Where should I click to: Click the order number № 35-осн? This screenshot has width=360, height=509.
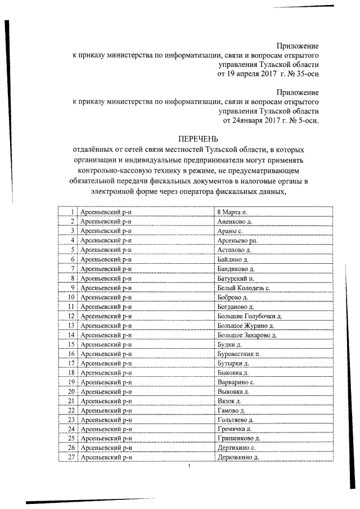(301, 74)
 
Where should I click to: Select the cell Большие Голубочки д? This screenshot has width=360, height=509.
(249, 316)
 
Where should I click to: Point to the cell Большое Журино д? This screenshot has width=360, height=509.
(245, 326)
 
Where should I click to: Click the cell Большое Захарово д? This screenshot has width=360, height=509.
(247, 335)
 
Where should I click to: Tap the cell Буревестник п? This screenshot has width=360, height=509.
(238, 354)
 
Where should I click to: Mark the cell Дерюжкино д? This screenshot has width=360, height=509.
(237, 458)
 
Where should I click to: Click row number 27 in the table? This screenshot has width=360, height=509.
(71, 458)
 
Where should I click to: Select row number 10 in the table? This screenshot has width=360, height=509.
(71, 297)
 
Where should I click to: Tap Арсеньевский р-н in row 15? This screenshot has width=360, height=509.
(106, 344)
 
